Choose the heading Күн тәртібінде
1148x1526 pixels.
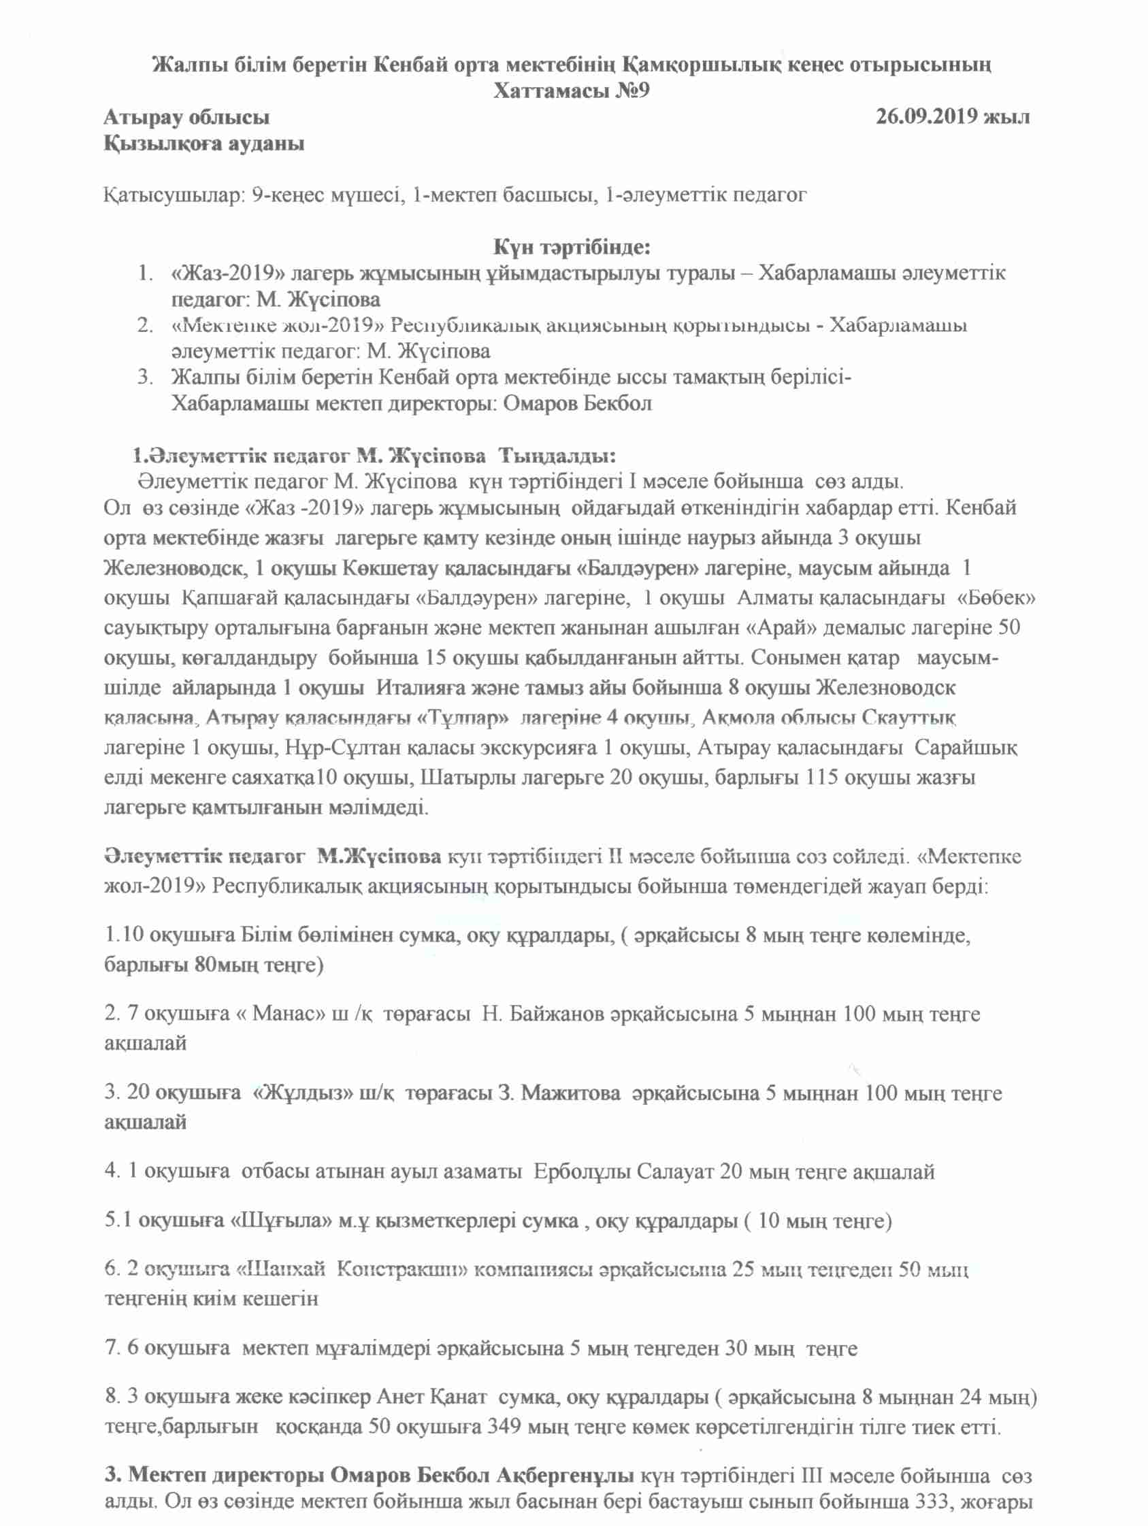pyautogui.click(x=572, y=246)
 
